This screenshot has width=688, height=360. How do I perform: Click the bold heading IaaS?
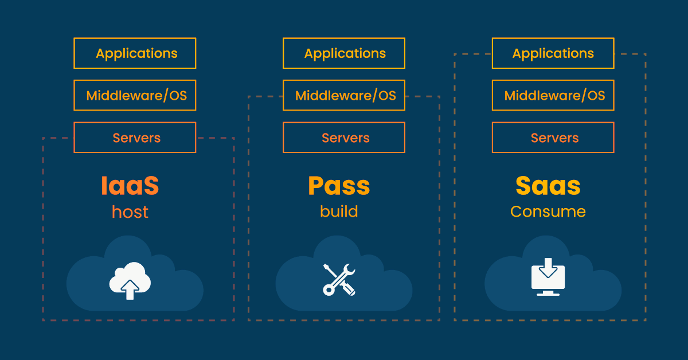[x=130, y=186]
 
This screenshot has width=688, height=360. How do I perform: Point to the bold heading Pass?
[x=339, y=186]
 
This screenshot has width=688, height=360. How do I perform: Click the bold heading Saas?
[x=548, y=186]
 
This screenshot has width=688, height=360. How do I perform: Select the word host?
[x=130, y=212]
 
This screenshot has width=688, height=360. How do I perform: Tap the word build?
[x=339, y=212]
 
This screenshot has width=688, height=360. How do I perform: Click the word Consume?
[x=548, y=212]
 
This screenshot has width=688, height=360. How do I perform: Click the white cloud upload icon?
[x=130, y=280]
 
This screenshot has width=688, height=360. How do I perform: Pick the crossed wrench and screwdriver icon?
[x=339, y=280]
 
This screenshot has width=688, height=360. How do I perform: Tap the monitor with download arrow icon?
[x=548, y=277]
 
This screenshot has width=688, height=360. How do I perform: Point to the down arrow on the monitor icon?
[x=548, y=268]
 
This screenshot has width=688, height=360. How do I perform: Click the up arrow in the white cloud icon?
[x=130, y=290]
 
